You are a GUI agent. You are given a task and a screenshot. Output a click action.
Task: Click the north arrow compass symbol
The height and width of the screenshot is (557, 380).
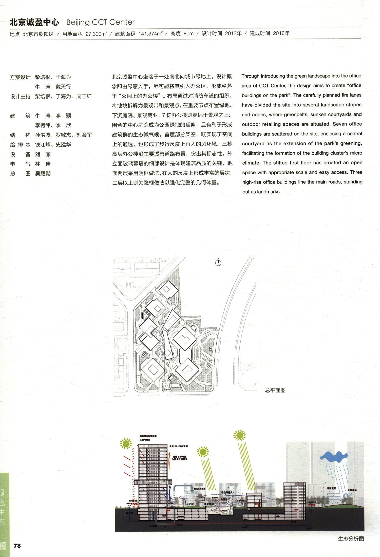point(218,263)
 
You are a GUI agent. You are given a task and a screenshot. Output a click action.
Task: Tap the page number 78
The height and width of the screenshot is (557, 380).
point(17,546)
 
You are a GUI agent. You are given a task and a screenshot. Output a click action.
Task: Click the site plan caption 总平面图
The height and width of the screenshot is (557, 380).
point(275,390)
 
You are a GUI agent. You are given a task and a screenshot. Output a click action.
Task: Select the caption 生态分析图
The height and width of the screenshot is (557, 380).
point(351,539)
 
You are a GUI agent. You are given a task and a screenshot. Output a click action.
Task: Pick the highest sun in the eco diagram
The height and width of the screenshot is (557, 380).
point(239,435)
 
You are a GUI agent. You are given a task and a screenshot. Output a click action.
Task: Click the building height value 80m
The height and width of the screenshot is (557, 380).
point(188,33)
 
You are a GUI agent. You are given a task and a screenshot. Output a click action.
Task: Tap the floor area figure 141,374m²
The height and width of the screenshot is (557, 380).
point(150,33)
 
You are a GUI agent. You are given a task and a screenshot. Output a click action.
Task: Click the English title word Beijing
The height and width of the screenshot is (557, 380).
point(78,22)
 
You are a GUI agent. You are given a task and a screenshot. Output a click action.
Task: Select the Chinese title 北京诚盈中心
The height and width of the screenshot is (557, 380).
point(34,22)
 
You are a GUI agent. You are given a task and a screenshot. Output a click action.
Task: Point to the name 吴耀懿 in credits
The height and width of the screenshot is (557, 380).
point(43,174)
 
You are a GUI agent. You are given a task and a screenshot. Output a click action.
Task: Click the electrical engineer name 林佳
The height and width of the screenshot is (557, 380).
point(43,164)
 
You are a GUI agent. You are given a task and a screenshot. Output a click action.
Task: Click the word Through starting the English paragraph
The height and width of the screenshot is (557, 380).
point(250,76)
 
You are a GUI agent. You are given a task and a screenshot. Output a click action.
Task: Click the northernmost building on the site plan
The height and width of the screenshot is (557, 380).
point(167,289)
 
